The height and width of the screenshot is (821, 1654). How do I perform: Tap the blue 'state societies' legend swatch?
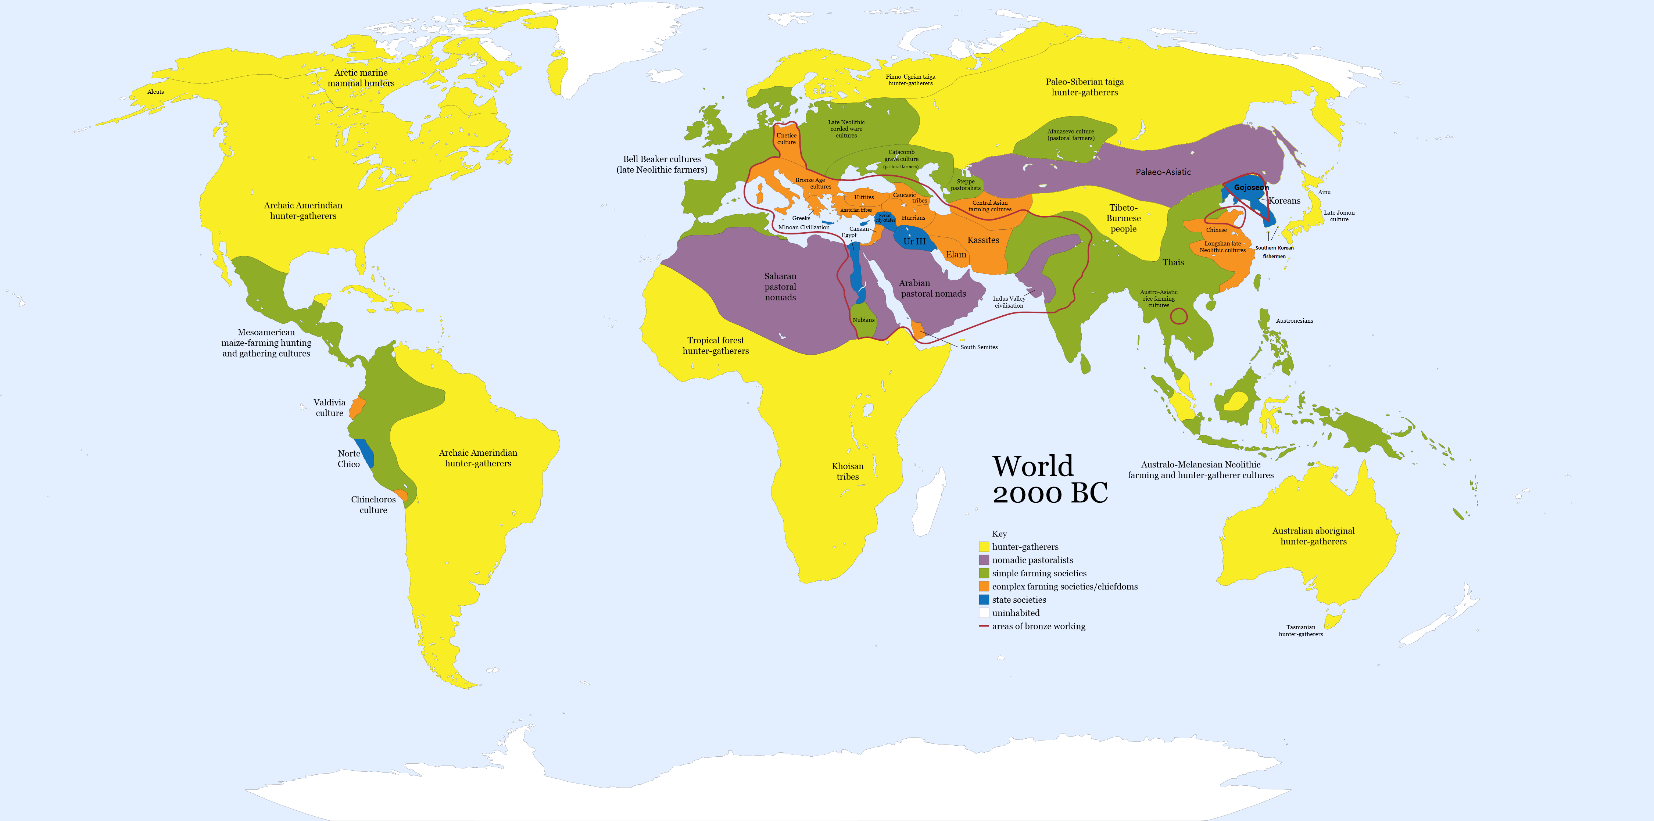pos(984,599)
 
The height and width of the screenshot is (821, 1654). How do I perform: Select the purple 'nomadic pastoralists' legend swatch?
pos(984,560)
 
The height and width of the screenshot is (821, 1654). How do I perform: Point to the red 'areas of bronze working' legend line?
pos(984,626)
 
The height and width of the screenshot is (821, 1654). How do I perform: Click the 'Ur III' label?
pos(914,242)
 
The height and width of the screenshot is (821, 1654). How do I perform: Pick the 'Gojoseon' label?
pos(1251,187)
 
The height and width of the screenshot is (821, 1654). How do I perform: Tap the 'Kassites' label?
pos(983,240)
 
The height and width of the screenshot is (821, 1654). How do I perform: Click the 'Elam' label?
pos(956,255)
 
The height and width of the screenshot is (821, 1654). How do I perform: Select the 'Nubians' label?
pos(864,320)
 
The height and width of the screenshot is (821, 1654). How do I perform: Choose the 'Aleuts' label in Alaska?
pos(155,92)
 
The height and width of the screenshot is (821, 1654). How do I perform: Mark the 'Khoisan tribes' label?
pos(848,471)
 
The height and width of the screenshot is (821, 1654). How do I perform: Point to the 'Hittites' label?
pos(864,197)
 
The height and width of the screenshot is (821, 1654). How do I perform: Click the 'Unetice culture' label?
pos(787,139)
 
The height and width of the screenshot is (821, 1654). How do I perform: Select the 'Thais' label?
pos(1173,262)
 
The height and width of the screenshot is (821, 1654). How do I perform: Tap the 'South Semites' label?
pos(978,347)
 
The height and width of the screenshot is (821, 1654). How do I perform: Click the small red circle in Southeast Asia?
pos(1179,316)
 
